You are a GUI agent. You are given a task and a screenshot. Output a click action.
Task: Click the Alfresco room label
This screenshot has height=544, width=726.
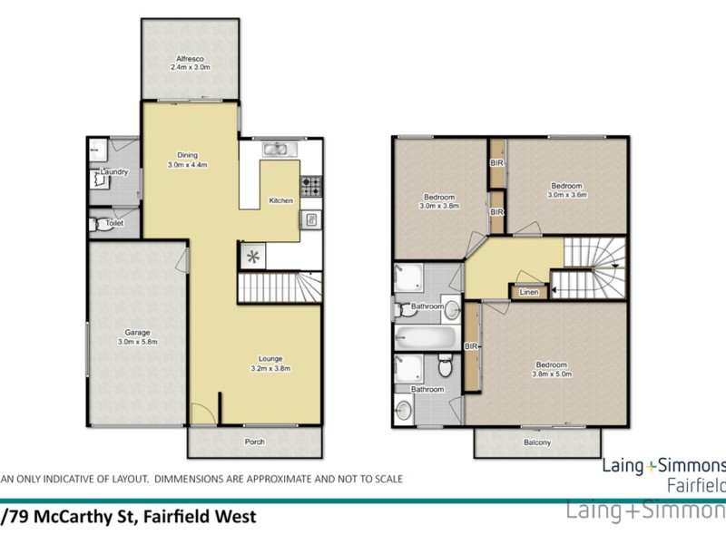point(190,58)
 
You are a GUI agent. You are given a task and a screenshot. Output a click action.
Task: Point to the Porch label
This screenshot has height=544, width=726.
point(253,442)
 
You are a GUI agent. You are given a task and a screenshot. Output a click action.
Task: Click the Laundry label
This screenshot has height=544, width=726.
point(113,172)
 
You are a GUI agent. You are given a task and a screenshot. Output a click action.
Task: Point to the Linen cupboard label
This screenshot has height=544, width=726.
point(528,292)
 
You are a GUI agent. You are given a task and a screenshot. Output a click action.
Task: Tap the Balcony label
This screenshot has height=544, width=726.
point(535,443)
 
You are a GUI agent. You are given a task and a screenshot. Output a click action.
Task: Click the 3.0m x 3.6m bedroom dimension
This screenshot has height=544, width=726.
point(567,194)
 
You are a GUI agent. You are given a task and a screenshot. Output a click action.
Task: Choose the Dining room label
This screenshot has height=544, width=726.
point(188,155)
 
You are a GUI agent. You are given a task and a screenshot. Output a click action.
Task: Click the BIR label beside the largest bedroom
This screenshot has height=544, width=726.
point(472,345)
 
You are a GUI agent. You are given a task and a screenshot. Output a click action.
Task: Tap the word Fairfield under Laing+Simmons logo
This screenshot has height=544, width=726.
point(695,482)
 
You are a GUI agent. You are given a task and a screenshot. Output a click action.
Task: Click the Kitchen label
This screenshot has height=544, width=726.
point(281,200)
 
